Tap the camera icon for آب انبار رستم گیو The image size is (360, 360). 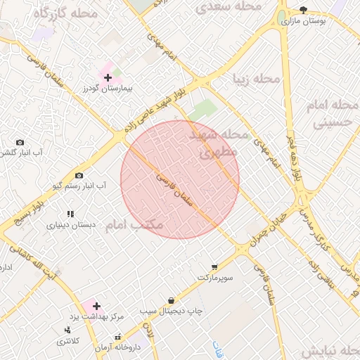(x=79, y=175)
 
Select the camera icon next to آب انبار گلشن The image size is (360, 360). (x=19, y=143)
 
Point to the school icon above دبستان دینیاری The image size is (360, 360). (x=70, y=214)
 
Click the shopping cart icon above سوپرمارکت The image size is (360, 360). (x=214, y=266)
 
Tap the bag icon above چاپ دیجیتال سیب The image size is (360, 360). (x=171, y=300)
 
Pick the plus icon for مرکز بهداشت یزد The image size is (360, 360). (x=96, y=306)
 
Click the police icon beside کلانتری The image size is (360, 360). (x=67, y=330)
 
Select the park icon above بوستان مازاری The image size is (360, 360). (x=303, y=10)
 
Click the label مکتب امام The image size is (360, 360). (x=134, y=225)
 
